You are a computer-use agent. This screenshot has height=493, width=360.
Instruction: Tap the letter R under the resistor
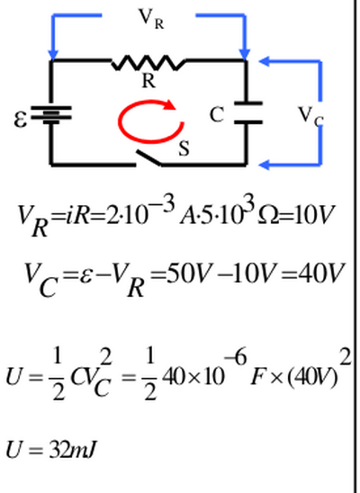click(148, 81)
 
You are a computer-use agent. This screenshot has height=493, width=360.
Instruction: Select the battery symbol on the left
click(51, 115)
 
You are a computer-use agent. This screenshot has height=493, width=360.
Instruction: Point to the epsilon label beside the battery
click(21, 120)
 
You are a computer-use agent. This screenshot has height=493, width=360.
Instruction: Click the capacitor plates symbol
click(248, 112)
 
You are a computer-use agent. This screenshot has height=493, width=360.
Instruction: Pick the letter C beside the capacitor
click(217, 114)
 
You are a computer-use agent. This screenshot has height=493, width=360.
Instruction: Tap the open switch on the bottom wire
click(149, 157)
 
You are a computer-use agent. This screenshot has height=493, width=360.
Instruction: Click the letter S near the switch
click(184, 148)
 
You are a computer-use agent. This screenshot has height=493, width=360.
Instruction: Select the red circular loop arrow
click(151, 121)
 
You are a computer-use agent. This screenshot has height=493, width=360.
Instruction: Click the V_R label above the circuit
click(151, 19)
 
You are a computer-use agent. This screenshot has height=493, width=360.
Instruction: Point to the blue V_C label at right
click(311, 116)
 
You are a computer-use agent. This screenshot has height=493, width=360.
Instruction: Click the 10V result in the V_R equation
click(313, 215)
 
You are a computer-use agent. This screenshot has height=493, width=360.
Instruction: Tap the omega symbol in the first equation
click(267, 216)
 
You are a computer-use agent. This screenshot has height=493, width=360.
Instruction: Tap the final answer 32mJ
click(72, 450)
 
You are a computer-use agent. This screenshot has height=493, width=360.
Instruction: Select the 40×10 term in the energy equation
click(193, 376)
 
